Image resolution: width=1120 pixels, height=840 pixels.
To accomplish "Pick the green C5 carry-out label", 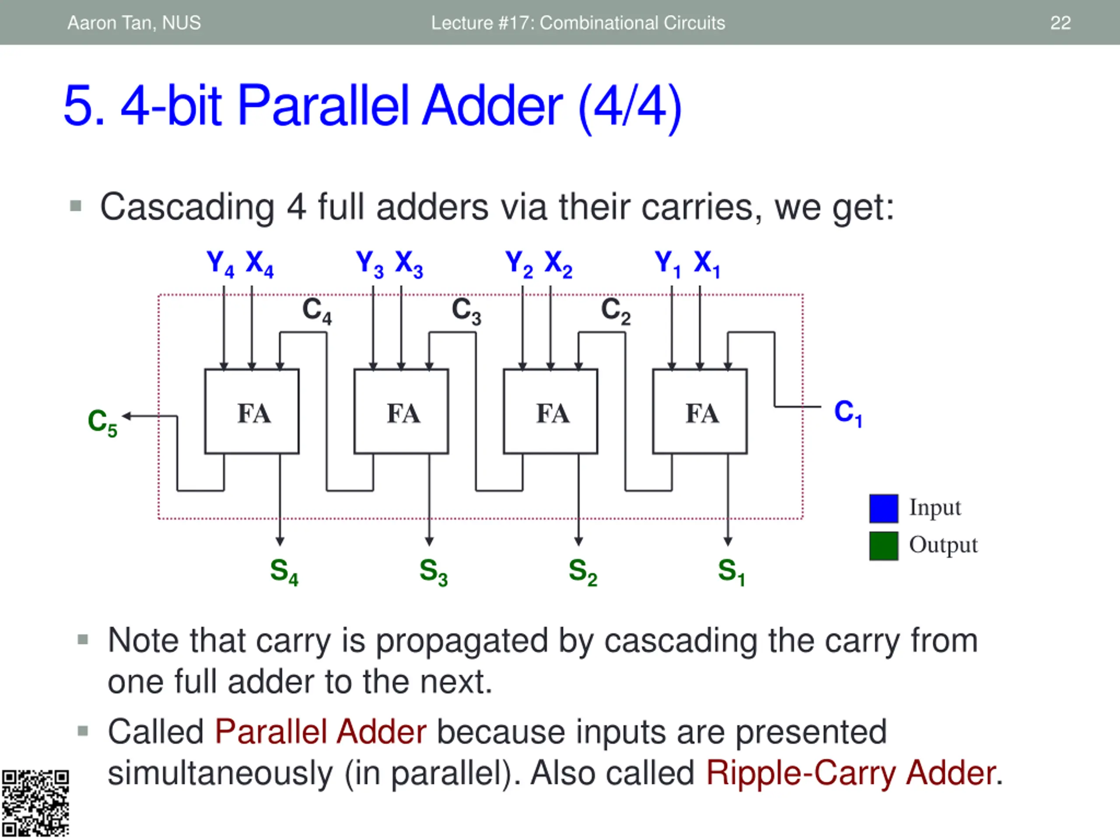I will pyautogui.click(x=102, y=422).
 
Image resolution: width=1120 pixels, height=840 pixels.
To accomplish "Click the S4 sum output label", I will pyautogui.click(x=284, y=572).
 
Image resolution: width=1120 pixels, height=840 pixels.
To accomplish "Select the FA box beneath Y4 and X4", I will pyautogui.click(x=252, y=412).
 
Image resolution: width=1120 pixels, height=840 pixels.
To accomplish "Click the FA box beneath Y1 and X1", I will pyautogui.click(x=700, y=412).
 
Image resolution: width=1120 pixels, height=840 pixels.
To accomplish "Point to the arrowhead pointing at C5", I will pyautogui.click(x=126, y=416).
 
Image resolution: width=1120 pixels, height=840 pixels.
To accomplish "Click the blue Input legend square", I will pyautogui.click(x=884, y=508).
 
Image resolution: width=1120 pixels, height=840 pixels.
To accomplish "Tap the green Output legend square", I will pyautogui.click(x=884, y=546).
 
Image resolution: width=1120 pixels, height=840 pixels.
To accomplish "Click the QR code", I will pyautogui.click(x=35, y=804).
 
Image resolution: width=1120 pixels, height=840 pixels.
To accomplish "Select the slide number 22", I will pyautogui.click(x=1060, y=23).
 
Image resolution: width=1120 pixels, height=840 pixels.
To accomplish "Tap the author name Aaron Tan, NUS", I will pyautogui.click(x=134, y=23).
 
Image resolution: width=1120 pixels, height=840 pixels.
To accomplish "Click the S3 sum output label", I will pyautogui.click(x=434, y=572).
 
